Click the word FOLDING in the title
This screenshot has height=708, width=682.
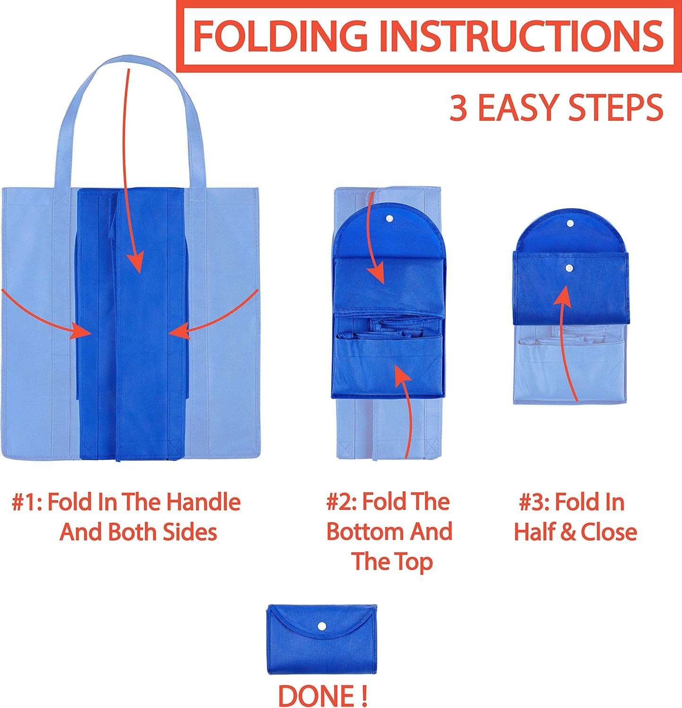pyautogui.click(x=280, y=36)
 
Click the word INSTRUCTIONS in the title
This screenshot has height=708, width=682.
pyautogui.click(x=522, y=36)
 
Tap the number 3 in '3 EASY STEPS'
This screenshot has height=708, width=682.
pyautogui.click(x=458, y=108)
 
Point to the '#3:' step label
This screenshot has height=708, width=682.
pyautogui.click(x=534, y=502)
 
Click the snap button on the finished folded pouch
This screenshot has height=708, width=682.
pyautogui.click(x=322, y=626)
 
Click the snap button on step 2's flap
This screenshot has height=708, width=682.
pyautogui.click(x=389, y=219)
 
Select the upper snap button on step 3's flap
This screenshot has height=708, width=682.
pyautogui.click(x=570, y=224)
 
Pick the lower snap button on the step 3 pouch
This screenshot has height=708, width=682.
pyautogui.click(x=569, y=268)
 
